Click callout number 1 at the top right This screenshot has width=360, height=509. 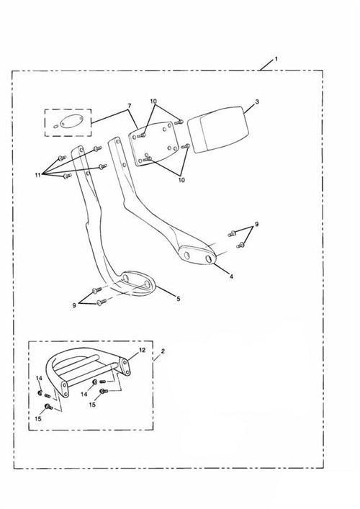[x=276, y=59]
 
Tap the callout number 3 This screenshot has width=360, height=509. [x=257, y=102]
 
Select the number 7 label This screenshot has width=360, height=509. [x=129, y=106]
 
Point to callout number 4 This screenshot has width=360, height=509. [x=231, y=276]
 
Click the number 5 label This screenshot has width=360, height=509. [x=179, y=299]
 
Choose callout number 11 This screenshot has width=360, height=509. [x=38, y=175]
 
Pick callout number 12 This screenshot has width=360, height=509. [x=142, y=350]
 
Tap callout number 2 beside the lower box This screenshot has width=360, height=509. [x=163, y=351]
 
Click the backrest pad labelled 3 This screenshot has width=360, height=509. [x=218, y=129]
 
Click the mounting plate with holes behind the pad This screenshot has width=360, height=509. [x=153, y=144]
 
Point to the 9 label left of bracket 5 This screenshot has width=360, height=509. [x=74, y=305]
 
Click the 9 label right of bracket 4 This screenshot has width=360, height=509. [x=256, y=224]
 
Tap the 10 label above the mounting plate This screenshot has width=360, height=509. [x=153, y=102]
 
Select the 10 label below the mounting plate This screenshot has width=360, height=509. [x=181, y=179]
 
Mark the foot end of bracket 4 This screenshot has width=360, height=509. [x=197, y=255]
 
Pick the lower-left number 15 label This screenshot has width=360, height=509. [x=38, y=419]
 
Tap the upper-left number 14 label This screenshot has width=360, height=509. [x=39, y=378]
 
